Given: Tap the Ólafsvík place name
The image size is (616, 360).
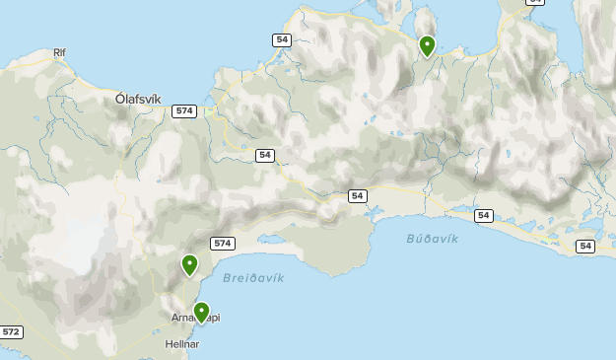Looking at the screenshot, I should click(138, 99).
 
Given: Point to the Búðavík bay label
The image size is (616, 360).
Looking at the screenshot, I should click(432, 239).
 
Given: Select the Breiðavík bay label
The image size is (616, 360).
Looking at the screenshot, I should click(253, 278).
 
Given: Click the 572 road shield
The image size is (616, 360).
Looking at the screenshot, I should click(11, 332).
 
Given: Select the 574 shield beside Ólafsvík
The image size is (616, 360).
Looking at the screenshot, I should click(183, 111).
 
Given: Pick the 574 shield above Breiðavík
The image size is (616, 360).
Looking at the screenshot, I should click(223, 244).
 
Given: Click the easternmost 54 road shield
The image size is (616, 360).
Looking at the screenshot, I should click(585, 246).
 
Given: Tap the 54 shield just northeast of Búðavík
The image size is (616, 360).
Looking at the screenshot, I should click(483, 215).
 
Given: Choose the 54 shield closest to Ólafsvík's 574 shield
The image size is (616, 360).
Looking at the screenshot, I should click(264, 155).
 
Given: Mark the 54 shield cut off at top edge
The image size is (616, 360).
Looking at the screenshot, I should click(533, 3).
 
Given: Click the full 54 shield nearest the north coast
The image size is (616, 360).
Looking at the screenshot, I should click(281, 39).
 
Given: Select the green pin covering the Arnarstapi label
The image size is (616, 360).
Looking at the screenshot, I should click(201, 312).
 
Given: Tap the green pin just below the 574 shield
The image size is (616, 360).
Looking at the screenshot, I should click(189, 264).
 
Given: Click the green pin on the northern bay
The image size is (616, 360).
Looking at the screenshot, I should click(427, 45).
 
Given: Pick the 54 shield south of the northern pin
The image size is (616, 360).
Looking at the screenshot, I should click(357, 196).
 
